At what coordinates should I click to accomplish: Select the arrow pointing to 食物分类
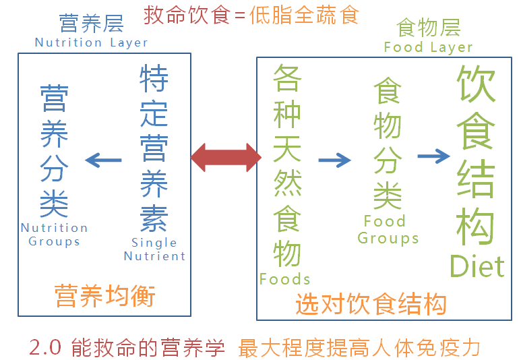click(x=334, y=160)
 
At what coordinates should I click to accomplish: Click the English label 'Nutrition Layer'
click(x=91, y=42)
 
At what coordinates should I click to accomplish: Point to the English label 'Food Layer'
click(x=428, y=47)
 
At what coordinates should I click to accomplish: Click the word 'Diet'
click(x=477, y=266)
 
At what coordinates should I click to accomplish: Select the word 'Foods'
click(x=284, y=279)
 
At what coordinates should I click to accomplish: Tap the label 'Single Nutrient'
click(x=154, y=249)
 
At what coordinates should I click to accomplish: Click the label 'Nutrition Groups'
click(x=54, y=235)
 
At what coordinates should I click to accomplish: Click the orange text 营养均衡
click(x=105, y=297)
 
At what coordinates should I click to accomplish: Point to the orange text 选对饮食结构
click(x=371, y=305)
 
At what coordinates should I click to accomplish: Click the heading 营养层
click(x=91, y=24)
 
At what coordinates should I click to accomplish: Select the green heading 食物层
click(x=428, y=28)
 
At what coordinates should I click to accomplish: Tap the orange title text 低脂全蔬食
click(x=304, y=15)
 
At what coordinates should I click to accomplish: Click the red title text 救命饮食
click(x=187, y=15)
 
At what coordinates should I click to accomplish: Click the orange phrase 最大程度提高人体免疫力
click(x=359, y=348)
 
